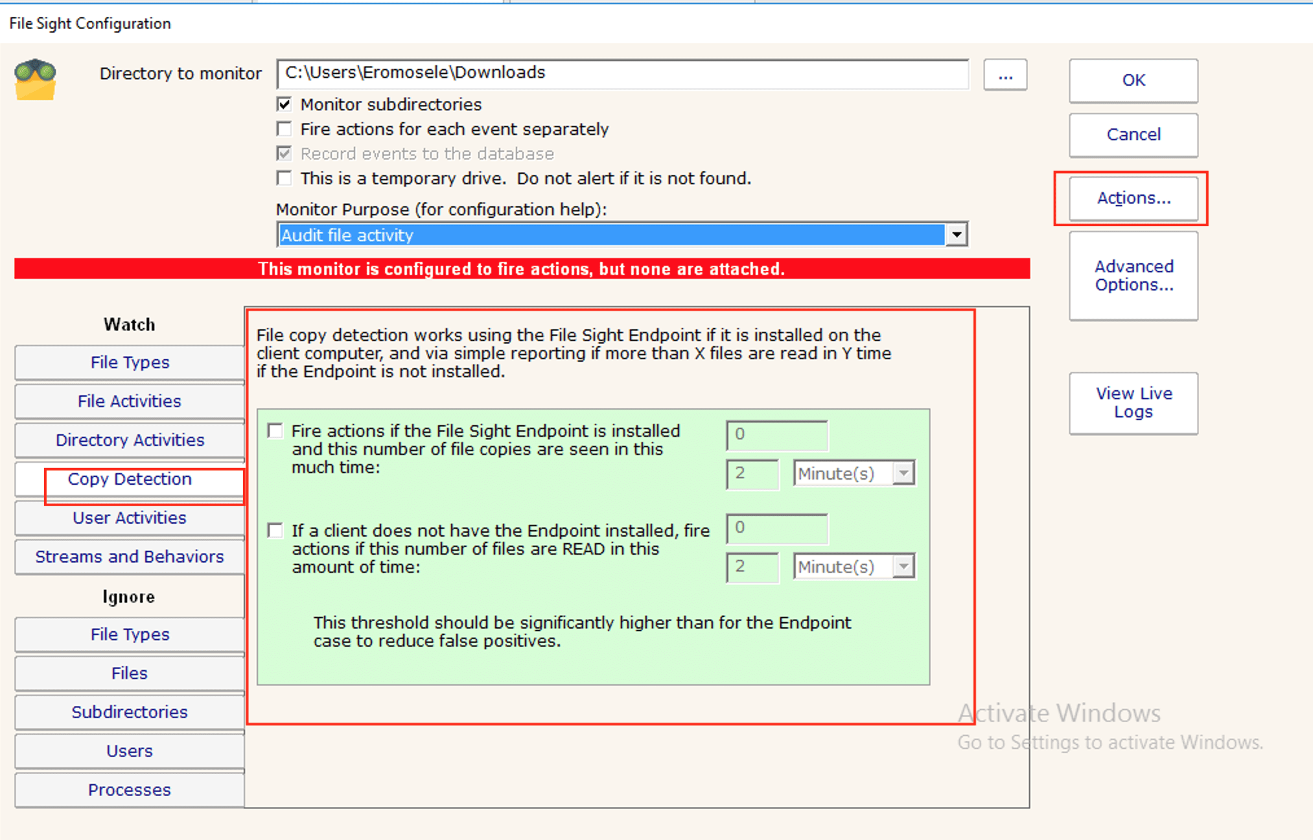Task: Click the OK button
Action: (1133, 80)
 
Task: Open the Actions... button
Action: (1133, 198)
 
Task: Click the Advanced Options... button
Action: (1133, 276)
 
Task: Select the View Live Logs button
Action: (1133, 403)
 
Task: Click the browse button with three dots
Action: (1005, 75)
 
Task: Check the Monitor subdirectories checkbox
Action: (284, 104)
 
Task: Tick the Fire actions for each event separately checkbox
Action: (284, 129)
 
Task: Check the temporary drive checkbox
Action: (284, 178)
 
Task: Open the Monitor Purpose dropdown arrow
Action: (957, 235)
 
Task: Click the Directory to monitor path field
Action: (622, 73)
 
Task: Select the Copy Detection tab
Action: (130, 480)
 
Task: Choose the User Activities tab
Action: (130, 518)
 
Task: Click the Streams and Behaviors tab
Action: (130, 557)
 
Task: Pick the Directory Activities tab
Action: (130, 440)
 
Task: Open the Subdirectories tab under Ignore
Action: (130, 712)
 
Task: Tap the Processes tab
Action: (130, 790)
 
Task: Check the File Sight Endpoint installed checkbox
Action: (275, 431)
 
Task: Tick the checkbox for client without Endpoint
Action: (275, 531)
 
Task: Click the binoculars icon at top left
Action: (36, 79)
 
